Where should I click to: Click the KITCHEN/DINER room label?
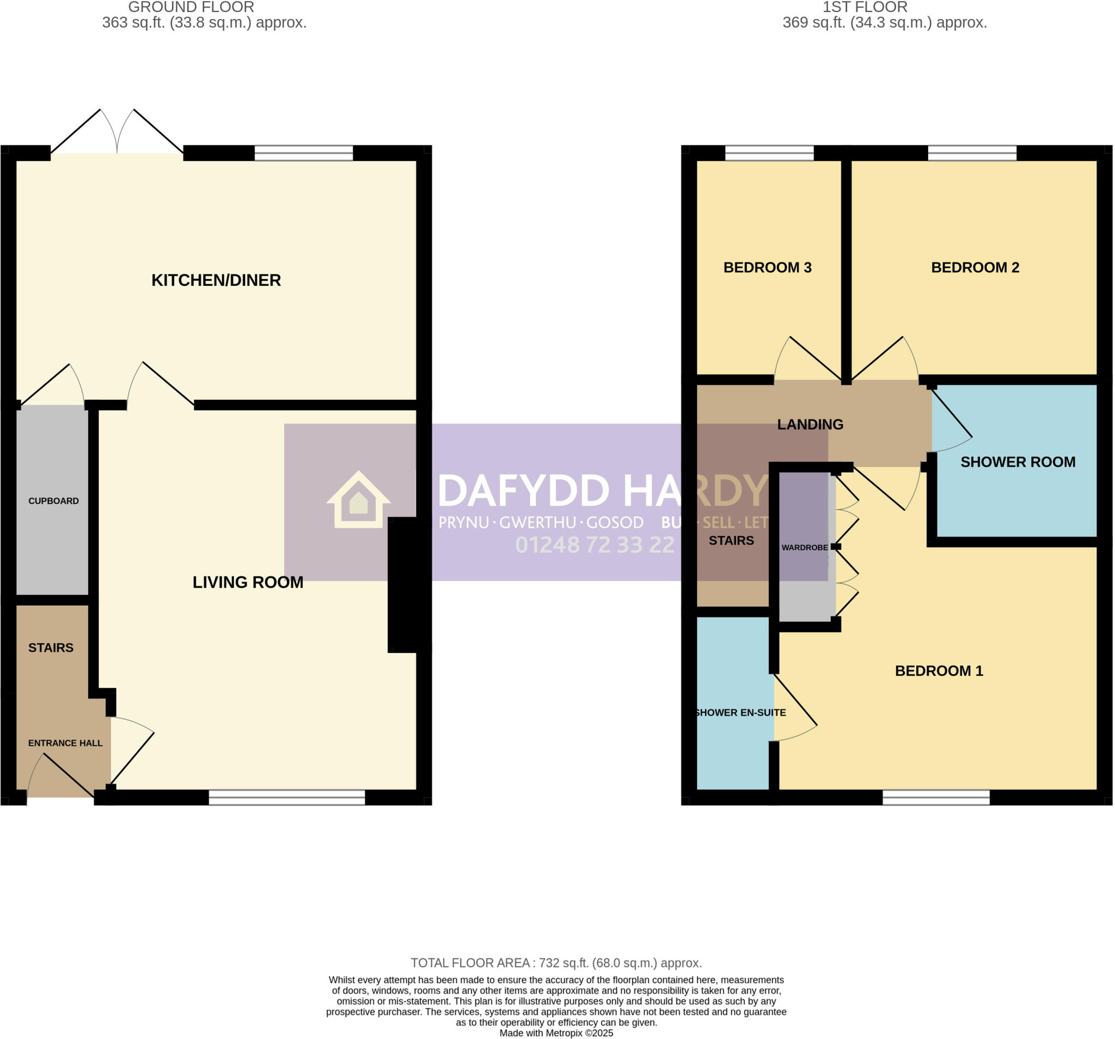coord(216,280)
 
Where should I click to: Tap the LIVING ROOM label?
coord(248,582)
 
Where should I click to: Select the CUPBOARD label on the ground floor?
coord(53,501)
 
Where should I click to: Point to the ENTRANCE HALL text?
coord(65,743)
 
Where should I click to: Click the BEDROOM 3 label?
coord(767,267)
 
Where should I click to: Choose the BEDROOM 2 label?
coord(975,267)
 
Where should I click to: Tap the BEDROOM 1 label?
coord(939,671)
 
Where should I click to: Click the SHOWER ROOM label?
coord(1018,462)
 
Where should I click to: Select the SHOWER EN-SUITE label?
coord(740,712)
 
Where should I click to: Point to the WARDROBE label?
coord(804,548)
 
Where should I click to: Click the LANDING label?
coord(810,425)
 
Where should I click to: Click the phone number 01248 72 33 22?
coord(595,545)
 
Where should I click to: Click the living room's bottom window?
coord(286,797)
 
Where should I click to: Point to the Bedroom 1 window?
coord(935,797)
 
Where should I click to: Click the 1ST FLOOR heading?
coord(865,7)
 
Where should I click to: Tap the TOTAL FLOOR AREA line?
coord(556,963)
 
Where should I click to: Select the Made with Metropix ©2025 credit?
coord(556,1033)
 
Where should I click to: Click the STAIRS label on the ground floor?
coord(51,648)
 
